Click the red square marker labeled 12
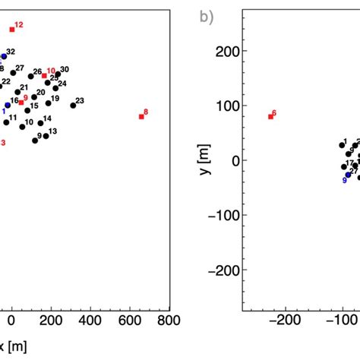[12, 30]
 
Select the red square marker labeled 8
[141, 116]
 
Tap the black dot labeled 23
[74, 105]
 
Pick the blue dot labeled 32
[4, 56]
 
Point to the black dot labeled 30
[58, 74]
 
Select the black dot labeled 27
[12, 72]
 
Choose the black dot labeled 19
[49, 103]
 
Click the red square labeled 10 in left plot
[45, 76]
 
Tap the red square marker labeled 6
[270, 116]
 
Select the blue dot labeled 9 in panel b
[348, 174]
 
